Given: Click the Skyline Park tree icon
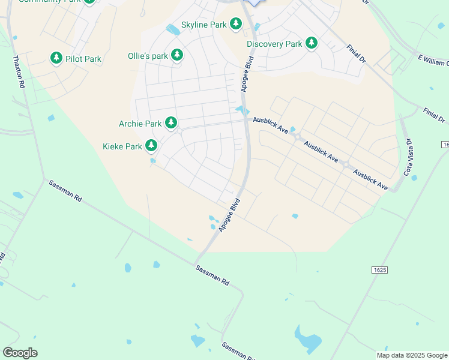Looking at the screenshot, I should (236, 24).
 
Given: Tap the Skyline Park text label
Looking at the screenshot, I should (203, 25).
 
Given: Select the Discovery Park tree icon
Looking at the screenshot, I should (311, 43).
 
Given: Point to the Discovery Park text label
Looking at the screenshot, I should (274, 44).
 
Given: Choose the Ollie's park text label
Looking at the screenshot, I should (148, 56).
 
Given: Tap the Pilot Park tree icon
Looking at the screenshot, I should (56, 58).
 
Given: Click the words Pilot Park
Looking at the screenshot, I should (83, 59).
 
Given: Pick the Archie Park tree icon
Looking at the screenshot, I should (171, 123).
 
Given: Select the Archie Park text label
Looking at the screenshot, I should (140, 124).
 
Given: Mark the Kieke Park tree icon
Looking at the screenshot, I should (151, 145).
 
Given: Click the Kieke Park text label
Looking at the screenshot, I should (122, 146).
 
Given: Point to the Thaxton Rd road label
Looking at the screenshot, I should (17, 73).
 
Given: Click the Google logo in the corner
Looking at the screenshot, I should (20, 353).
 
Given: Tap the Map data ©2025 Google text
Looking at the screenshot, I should (412, 355).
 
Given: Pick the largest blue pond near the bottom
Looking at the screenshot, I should (307, 340).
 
